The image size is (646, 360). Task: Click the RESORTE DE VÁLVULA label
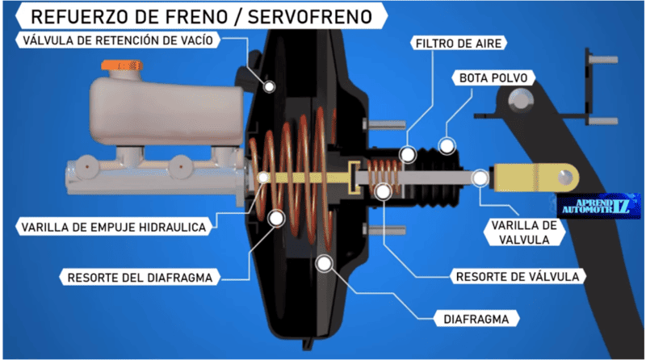518,276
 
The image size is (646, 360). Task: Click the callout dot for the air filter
409,153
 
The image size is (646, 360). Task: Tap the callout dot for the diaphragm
324,262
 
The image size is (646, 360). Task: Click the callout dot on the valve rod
480,175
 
